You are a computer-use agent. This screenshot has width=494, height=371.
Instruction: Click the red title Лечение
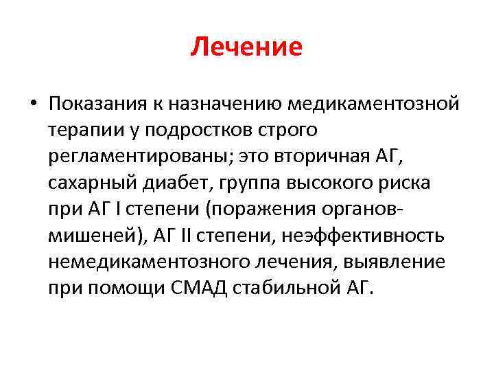247,47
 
